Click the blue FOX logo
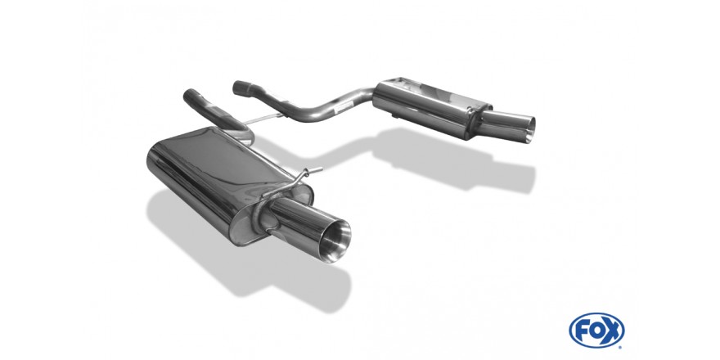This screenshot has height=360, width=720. coord(596,331)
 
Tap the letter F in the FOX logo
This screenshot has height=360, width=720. coord(582,331)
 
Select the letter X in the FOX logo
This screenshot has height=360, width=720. coord(613,331)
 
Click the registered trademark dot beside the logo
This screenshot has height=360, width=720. coord(621,347)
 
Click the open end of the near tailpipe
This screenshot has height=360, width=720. coord(335,241)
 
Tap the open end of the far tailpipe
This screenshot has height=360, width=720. coord(530,130)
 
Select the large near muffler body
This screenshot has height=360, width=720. coord(220,179)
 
